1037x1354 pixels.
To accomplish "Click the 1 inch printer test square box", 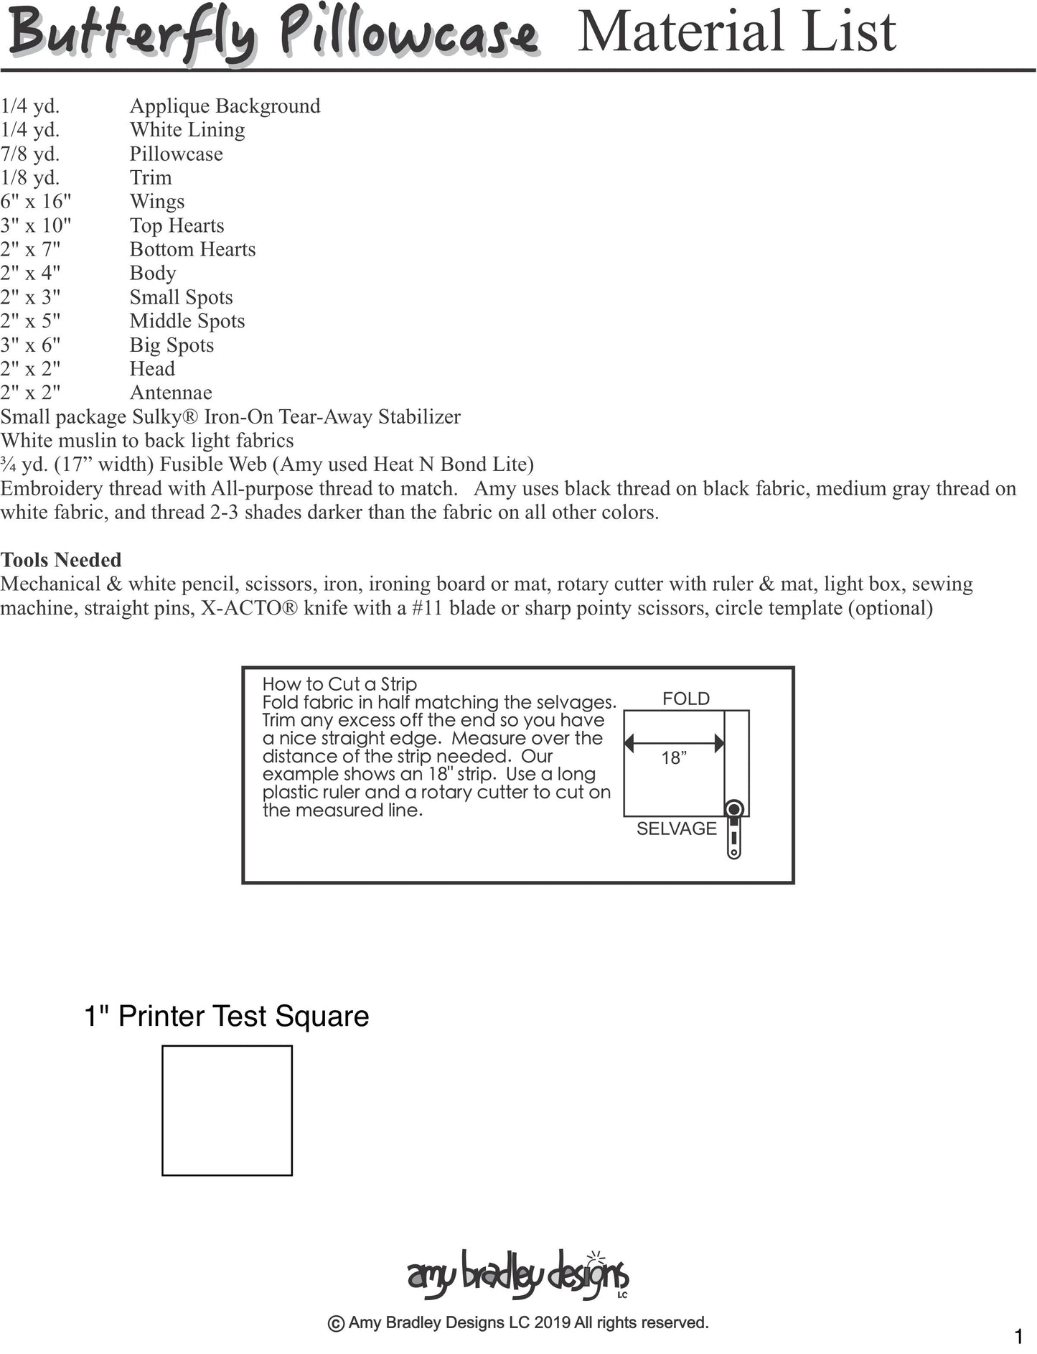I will (x=227, y=1110).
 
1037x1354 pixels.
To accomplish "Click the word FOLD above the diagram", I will (x=685, y=699).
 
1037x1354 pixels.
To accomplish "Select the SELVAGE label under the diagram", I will (x=676, y=828).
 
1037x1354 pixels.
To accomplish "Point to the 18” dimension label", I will (x=674, y=758).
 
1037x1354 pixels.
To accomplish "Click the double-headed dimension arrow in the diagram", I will (x=674, y=743).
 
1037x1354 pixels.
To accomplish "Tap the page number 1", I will (x=1018, y=1337).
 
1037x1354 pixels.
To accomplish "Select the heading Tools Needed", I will (x=61, y=560).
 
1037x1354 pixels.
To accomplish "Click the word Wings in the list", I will (x=157, y=202).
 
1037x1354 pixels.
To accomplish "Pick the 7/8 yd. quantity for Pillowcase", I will (x=30, y=154).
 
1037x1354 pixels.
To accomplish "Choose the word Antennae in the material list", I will (x=171, y=393).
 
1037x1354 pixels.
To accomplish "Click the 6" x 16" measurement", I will (x=36, y=202).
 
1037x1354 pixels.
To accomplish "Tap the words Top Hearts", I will (x=177, y=225).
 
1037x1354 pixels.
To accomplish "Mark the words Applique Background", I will (x=225, y=106).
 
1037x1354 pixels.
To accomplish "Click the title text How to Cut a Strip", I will (x=339, y=684).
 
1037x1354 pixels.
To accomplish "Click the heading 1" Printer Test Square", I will (x=226, y=1016).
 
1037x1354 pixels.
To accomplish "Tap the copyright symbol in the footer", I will (x=335, y=1323).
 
